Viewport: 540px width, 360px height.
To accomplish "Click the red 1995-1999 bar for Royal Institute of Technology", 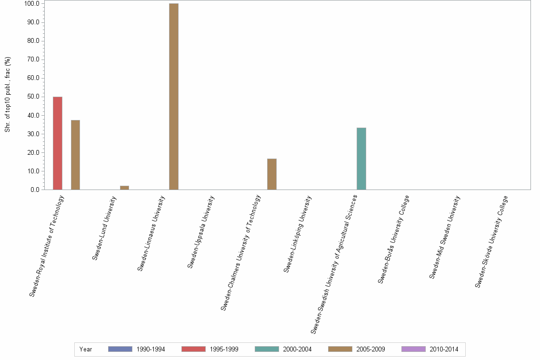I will tap(57, 143).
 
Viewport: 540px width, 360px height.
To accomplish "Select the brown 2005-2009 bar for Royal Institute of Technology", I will tap(75, 155).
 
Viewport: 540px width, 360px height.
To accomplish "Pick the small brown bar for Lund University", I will tap(124, 188).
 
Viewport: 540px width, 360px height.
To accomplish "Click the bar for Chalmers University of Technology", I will tap(271, 174).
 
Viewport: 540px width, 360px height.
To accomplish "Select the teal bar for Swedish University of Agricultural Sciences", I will tap(361, 159).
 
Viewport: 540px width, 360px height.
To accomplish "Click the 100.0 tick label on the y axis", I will tap(31, 4).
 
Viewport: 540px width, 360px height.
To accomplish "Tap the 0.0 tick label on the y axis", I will tap(34, 190).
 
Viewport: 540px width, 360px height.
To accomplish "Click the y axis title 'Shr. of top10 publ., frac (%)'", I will tap(8, 95).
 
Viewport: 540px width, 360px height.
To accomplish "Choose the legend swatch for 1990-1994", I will tap(120, 349).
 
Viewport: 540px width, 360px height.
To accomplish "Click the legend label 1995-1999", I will tap(223, 350).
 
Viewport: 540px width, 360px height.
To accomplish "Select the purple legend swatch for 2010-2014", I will tap(413, 349).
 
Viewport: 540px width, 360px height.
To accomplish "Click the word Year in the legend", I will tap(86, 350).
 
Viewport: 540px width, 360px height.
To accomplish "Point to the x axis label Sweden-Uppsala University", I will tap(201, 232).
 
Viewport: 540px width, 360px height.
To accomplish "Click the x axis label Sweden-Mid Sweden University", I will tap(444, 237).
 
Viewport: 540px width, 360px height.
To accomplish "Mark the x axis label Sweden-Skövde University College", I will tap(491, 241).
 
